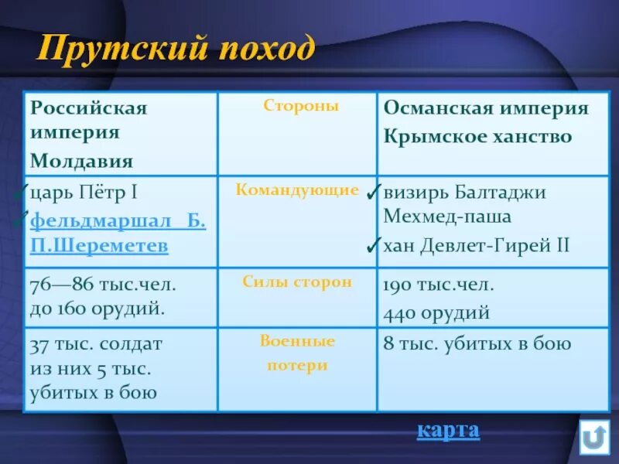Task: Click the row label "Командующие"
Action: click(298, 190)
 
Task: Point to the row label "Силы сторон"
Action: click(297, 282)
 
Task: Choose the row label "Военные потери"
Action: click(297, 353)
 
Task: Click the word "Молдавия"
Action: click(81, 161)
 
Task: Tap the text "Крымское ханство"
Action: click(477, 137)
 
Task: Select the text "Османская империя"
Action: click(486, 107)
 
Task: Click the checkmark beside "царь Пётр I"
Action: click(22, 193)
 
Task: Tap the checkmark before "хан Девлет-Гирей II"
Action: click(373, 246)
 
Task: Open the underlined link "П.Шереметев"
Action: click(99, 246)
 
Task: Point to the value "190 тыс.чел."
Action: click(439, 284)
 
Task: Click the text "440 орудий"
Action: click(436, 312)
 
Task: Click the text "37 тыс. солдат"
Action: click(95, 343)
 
